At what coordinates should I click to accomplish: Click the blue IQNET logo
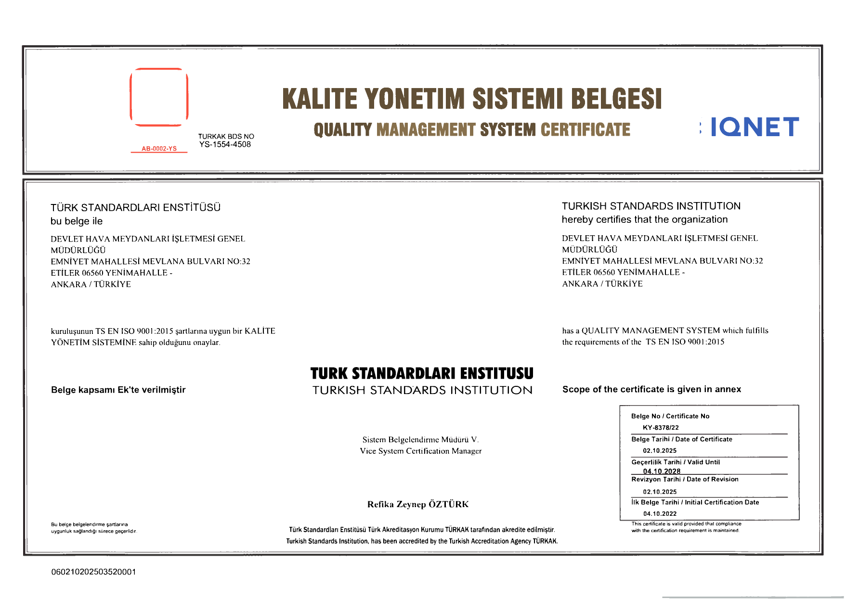pos(754,127)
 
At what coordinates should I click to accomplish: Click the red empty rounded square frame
pos(159,97)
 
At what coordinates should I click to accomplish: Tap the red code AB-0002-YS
pos(159,149)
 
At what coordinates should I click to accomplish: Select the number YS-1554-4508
pos(225,144)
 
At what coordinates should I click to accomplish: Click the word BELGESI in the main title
pos(616,99)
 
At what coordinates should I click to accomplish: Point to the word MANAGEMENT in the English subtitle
pos(426,130)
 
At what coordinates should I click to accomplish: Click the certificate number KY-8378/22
pos(661,428)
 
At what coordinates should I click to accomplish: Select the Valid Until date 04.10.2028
pos(662,471)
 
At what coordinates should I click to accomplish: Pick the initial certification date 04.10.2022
pos(660,514)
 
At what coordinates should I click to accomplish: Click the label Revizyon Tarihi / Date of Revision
pos(685,479)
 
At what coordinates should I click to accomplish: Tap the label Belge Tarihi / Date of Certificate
pos(681,439)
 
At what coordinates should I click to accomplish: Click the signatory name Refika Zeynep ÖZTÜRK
pos(417,504)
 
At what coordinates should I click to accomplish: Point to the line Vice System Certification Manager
pos(420,451)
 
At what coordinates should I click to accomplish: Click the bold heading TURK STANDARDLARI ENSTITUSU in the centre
pos(422,373)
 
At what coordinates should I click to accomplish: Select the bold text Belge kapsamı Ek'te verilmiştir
pos(118,390)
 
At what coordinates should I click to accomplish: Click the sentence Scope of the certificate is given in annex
pos(651,389)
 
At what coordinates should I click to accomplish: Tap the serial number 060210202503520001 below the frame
pos(93,572)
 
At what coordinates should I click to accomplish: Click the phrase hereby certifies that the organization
pos(644,219)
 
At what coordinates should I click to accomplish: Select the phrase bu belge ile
pos(77,221)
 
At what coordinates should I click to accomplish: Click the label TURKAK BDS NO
pos(226,136)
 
